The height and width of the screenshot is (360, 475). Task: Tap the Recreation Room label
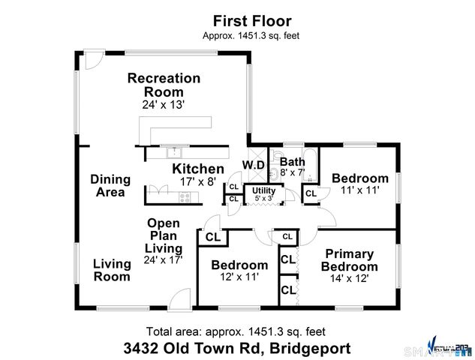coord(164,85)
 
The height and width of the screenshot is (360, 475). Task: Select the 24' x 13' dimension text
coord(164,105)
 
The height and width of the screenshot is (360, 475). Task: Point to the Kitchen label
coord(198,169)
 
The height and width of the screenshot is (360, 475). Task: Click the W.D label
coord(253,165)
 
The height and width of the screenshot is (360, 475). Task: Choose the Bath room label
coord(291,161)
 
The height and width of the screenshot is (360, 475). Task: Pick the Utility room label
coord(263,190)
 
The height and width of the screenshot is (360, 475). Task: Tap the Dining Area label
coord(110,186)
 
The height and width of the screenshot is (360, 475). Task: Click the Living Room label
coord(112,269)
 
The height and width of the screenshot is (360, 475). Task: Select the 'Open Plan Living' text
coord(164,235)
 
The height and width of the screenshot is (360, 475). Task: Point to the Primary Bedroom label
coord(350,260)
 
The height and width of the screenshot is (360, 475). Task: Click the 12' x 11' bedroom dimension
coord(239,277)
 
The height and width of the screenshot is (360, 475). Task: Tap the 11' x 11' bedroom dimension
coord(360,190)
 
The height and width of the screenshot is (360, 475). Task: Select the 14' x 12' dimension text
coord(350,277)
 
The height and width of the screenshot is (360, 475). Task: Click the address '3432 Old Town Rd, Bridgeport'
coord(237,348)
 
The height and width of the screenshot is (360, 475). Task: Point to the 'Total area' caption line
coord(237,331)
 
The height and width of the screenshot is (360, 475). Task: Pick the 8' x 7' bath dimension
coord(292,172)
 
